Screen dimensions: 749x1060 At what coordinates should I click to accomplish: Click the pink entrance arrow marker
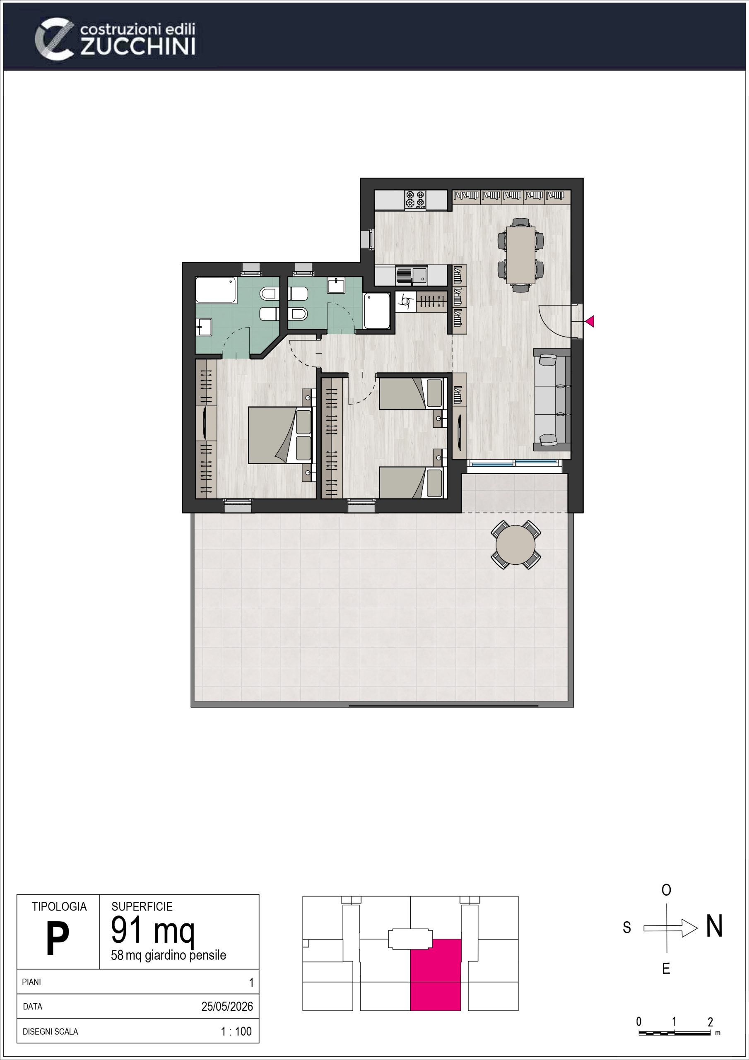click(x=590, y=321)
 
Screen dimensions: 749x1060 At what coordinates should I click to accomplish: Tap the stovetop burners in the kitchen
click(x=415, y=200)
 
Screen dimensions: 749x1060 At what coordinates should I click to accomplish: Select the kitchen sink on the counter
click(x=412, y=276)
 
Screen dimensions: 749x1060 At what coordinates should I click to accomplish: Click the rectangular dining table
click(x=520, y=255)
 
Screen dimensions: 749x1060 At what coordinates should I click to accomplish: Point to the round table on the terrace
click(x=515, y=545)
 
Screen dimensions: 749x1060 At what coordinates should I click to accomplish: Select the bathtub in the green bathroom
click(x=216, y=290)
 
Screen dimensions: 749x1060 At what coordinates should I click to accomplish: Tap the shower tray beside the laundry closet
click(x=377, y=311)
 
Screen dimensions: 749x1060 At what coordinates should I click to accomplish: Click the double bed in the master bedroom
click(x=280, y=435)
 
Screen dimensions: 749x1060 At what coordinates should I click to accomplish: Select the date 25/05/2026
click(x=227, y=1007)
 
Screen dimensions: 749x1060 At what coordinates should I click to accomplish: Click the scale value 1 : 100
click(x=236, y=1031)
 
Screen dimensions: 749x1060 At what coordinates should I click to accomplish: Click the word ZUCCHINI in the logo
click(x=138, y=47)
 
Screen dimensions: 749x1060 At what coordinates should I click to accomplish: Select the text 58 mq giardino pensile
click(x=169, y=955)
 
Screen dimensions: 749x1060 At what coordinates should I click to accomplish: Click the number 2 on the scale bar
click(x=710, y=1021)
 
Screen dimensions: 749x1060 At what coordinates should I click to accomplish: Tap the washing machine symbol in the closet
click(x=406, y=302)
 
